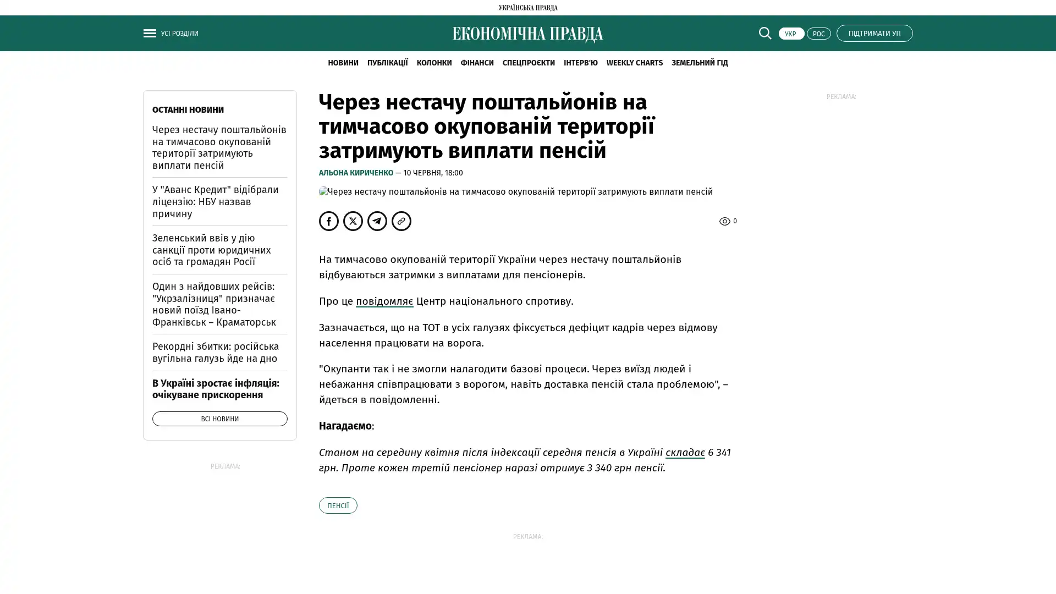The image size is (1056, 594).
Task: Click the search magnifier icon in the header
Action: pyautogui.click(x=765, y=33)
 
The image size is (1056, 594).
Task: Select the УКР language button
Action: pyautogui.click(x=791, y=34)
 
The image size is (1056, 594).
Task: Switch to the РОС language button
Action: pyautogui.click(x=818, y=34)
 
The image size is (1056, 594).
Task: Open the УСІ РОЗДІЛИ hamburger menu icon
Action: pyautogui.click(x=150, y=33)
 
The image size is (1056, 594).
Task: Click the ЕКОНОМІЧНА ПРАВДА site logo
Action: pyautogui.click(x=527, y=34)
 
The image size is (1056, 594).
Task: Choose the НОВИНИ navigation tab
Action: pyautogui.click(x=343, y=63)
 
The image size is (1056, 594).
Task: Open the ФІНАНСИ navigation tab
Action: pyautogui.click(x=477, y=63)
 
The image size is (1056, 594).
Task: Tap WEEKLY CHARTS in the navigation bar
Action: pyautogui.click(x=634, y=63)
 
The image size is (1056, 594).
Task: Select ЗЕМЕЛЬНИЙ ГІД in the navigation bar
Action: pyautogui.click(x=699, y=63)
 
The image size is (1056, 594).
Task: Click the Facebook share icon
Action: pyautogui.click(x=329, y=221)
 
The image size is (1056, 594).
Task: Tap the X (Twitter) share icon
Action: pyautogui.click(x=353, y=221)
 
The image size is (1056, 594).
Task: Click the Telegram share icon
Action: pyautogui.click(x=377, y=221)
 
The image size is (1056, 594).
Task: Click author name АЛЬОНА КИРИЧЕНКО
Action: pyautogui.click(x=356, y=173)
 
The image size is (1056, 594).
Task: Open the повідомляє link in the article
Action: pyautogui.click(x=384, y=301)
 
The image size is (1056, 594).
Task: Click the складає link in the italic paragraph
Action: pyautogui.click(x=685, y=453)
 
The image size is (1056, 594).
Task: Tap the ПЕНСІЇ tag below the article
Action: pyautogui.click(x=338, y=505)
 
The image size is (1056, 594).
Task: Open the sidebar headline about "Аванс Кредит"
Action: pyautogui.click(x=215, y=201)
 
